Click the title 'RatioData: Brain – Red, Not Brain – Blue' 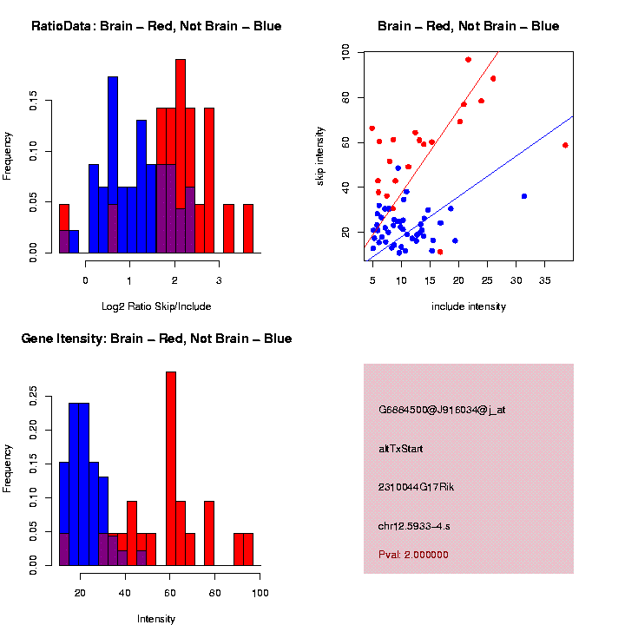(156, 26)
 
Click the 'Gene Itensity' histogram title (156, 339)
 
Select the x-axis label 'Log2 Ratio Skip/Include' (156, 306)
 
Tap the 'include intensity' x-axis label (469, 306)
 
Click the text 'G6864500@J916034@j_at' (442, 410)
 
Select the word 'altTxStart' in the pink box (401, 449)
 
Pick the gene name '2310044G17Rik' (417, 487)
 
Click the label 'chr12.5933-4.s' (414, 526)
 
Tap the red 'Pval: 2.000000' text (413, 555)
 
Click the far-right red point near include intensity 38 (565, 145)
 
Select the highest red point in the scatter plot (468, 60)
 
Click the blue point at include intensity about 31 (524, 196)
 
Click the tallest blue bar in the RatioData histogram (113, 165)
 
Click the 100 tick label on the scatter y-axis (345, 53)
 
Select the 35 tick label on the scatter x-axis (545, 281)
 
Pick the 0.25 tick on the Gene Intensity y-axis (33, 396)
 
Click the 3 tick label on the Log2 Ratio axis (219, 281)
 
